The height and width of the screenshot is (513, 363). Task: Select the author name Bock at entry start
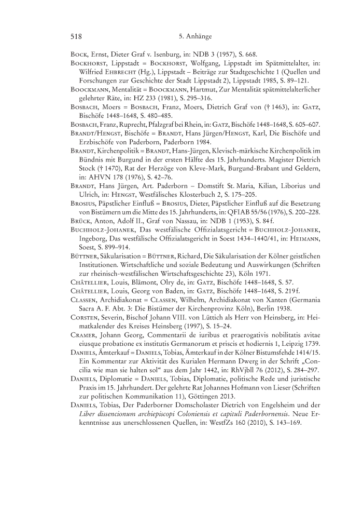point(78,55)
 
